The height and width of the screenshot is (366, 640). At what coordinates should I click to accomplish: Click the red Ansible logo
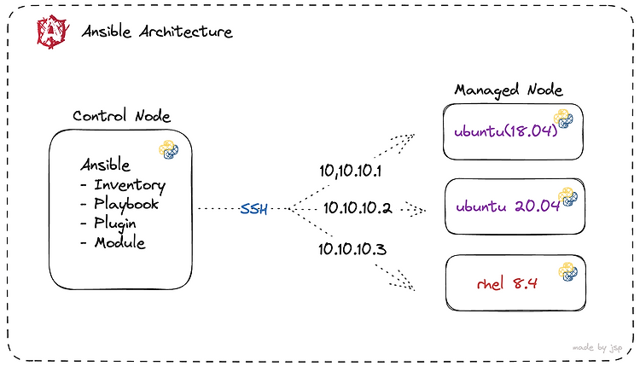(52, 32)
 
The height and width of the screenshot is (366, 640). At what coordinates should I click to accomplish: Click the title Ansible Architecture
(157, 32)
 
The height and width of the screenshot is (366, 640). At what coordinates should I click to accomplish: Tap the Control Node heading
(122, 116)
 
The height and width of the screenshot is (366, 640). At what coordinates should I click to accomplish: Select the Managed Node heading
(509, 90)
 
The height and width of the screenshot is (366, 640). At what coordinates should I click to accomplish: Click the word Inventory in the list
(130, 185)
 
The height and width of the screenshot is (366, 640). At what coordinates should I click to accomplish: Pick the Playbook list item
(126, 204)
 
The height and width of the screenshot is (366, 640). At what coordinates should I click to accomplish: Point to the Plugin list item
(115, 224)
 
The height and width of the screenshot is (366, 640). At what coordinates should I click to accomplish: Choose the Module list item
(120, 242)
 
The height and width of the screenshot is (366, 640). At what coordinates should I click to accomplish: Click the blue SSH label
(253, 209)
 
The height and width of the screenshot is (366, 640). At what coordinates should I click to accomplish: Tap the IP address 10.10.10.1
(350, 171)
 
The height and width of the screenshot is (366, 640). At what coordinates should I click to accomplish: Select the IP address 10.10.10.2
(358, 208)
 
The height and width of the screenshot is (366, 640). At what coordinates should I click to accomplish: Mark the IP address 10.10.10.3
(352, 249)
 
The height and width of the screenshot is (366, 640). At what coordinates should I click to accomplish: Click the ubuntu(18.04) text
(506, 131)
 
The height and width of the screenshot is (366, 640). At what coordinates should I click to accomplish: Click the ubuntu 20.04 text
(508, 206)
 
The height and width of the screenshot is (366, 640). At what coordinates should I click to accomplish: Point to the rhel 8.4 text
(507, 283)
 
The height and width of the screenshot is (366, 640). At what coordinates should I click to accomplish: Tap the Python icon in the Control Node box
(169, 149)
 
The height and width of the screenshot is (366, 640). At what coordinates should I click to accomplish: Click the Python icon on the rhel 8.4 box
(568, 272)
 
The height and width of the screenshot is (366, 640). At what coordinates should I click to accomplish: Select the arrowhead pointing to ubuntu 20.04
(418, 210)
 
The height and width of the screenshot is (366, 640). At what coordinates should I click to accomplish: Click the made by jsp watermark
(597, 347)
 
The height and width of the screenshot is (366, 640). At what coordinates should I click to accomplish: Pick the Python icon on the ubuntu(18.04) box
(563, 119)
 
